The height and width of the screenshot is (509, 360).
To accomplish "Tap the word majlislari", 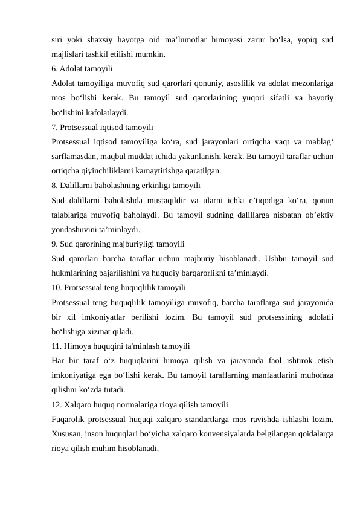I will tap(68, 54).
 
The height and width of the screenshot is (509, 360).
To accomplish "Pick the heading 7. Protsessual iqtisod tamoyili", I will tap(103, 127).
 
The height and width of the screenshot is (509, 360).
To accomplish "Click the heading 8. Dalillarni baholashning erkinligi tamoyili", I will tap(126, 186).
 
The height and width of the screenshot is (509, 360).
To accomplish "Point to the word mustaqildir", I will tap(165, 200).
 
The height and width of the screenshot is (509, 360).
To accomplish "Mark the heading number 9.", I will tap(55, 244).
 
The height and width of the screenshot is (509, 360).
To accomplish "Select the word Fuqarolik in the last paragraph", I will tap(69, 420).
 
